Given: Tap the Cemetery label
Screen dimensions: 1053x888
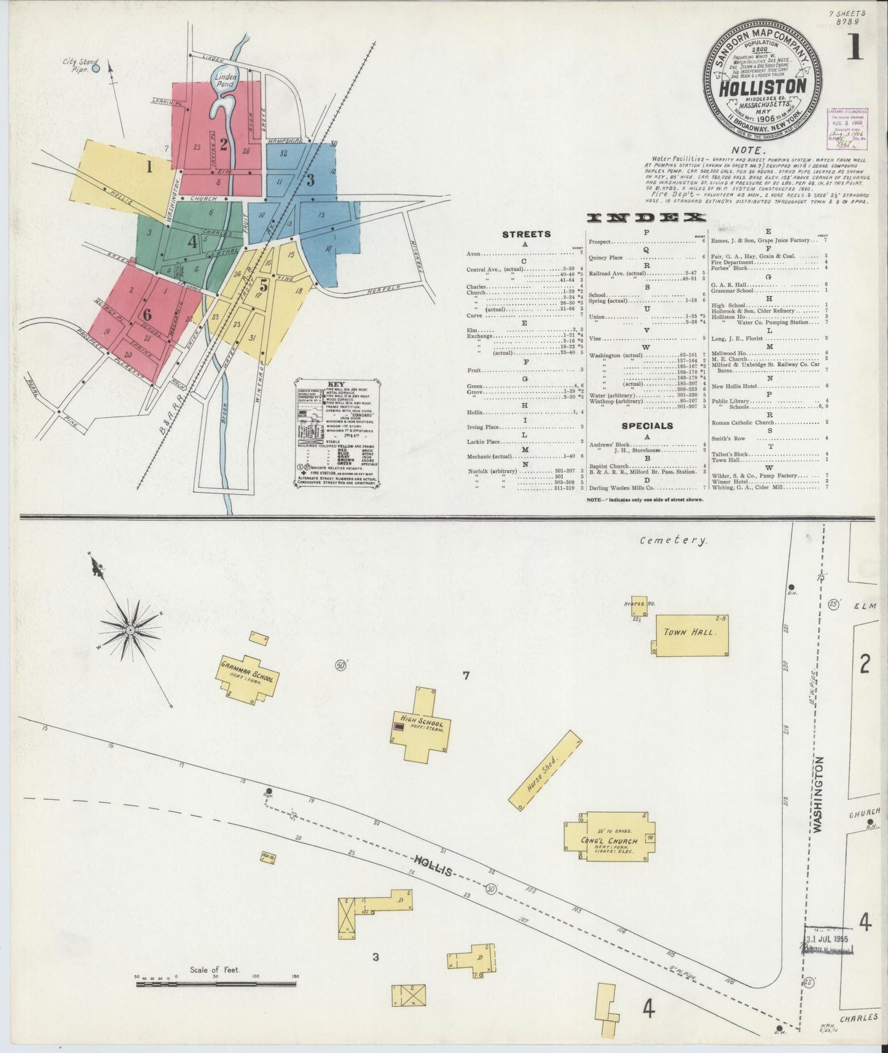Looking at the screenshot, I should [673, 540].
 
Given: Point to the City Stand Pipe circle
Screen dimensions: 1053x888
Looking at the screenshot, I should [95, 68].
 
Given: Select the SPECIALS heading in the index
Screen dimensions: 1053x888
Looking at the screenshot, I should [646, 425].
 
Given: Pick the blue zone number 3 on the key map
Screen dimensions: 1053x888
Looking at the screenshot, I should [310, 180].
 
